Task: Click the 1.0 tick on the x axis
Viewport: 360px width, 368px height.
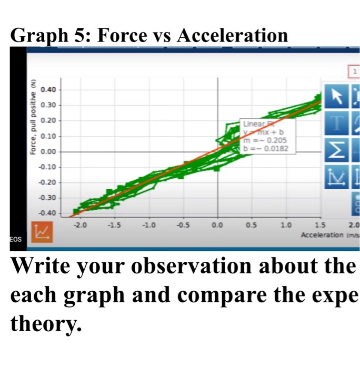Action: click(286, 225)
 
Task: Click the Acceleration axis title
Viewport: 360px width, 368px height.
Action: click(322, 234)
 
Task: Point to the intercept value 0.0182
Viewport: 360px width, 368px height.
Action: click(275, 149)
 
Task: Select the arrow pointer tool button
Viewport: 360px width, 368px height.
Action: click(334, 95)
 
